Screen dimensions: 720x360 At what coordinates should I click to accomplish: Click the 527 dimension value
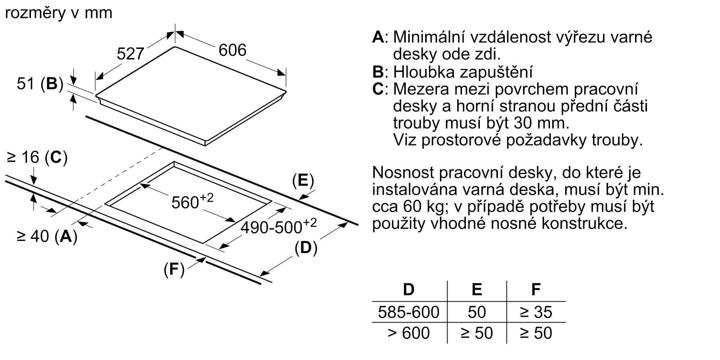[130, 54]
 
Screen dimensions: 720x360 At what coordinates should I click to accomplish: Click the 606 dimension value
[233, 50]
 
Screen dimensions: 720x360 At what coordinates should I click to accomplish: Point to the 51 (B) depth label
[40, 84]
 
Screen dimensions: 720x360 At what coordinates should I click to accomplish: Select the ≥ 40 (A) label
[47, 236]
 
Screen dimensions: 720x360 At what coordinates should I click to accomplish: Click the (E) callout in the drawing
[303, 180]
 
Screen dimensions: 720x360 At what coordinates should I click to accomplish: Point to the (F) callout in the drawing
[174, 269]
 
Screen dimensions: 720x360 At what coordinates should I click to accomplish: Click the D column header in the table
[409, 289]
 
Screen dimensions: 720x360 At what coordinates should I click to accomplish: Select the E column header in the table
[477, 289]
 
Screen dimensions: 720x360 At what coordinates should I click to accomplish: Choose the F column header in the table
[536, 289]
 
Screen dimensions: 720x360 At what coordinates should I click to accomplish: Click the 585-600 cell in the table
[409, 312]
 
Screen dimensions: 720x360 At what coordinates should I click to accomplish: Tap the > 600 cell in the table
[409, 333]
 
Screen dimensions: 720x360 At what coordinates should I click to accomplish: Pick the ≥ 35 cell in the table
[536, 312]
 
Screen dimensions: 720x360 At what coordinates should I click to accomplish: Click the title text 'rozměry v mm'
[59, 13]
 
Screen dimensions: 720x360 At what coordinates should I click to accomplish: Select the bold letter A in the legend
[378, 37]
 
